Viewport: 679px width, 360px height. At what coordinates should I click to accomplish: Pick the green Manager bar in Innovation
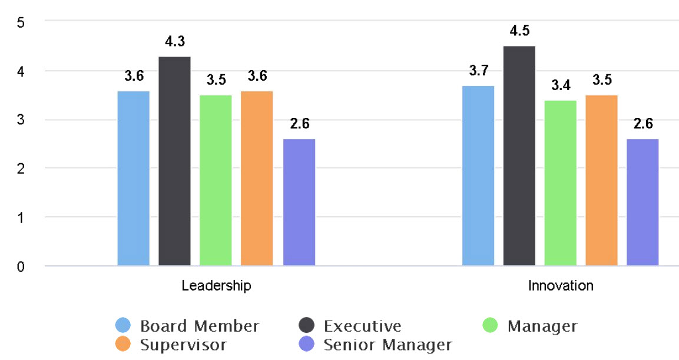560,183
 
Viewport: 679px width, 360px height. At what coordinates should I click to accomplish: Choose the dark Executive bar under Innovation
519,156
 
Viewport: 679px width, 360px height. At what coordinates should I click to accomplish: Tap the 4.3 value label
174,42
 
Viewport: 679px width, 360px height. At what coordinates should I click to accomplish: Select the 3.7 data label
478,71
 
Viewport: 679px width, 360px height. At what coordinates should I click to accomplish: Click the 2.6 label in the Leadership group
299,124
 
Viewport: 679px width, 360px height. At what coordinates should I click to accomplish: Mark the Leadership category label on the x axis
216,286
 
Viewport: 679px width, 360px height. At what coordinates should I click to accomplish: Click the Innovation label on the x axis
560,286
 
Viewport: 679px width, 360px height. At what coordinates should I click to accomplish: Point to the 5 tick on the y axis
21,22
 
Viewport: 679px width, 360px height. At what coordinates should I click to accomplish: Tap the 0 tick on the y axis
21,266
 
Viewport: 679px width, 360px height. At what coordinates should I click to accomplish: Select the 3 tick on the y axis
21,120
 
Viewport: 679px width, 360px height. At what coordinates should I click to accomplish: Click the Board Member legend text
199,326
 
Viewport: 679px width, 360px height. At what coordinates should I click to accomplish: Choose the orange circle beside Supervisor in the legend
123,344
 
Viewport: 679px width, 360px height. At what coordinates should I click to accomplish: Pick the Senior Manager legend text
387,345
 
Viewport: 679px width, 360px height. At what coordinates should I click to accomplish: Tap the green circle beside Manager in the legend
490,325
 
